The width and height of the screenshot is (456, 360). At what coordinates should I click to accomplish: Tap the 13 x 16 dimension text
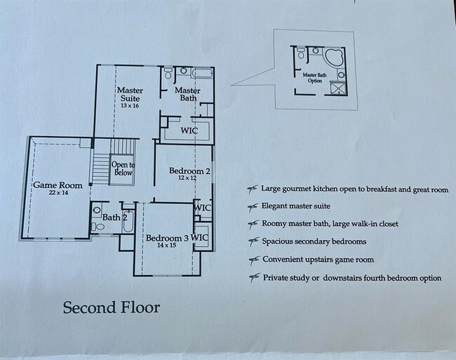pos(130,106)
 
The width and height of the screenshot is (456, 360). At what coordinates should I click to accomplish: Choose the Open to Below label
pos(123,169)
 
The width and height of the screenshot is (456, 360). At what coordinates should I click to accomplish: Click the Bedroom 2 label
pos(189,171)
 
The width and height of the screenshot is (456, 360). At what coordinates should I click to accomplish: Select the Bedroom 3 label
pos(166,239)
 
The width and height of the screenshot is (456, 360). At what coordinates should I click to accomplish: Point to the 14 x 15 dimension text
pos(166,246)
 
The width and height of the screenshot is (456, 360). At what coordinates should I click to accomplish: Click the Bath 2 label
pos(115,218)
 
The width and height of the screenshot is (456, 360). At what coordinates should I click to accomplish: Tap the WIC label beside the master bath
pos(189,131)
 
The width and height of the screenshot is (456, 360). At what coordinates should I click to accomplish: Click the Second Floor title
pos(112,307)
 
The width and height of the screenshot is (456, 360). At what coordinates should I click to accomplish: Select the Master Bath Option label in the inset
pos(314,77)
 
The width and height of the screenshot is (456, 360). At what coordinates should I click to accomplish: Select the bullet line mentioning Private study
pos(351,278)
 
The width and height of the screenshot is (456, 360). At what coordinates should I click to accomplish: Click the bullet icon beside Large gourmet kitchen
pos(251,189)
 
